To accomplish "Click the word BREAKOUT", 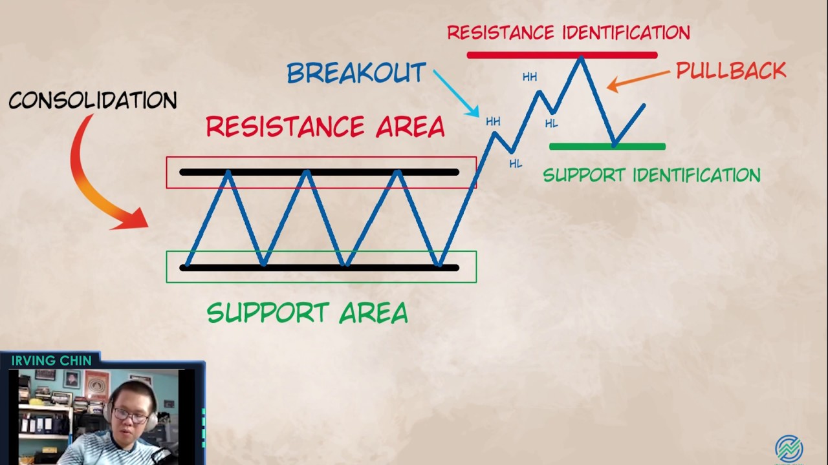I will tap(356, 73).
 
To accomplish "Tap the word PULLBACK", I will tap(731, 71).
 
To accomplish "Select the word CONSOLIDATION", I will tap(93, 100).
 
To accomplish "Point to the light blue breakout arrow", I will tap(455, 94).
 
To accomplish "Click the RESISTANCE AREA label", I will tap(325, 127).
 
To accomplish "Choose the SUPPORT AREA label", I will tap(307, 313).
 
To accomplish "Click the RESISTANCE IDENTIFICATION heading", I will tap(568, 32).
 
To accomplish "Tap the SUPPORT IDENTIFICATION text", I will tap(651, 175).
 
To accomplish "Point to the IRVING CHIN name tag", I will tap(51, 360).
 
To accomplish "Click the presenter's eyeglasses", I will tap(131, 415).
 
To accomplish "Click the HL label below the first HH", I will tap(515, 164).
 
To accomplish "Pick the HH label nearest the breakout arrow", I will tap(493, 121).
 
